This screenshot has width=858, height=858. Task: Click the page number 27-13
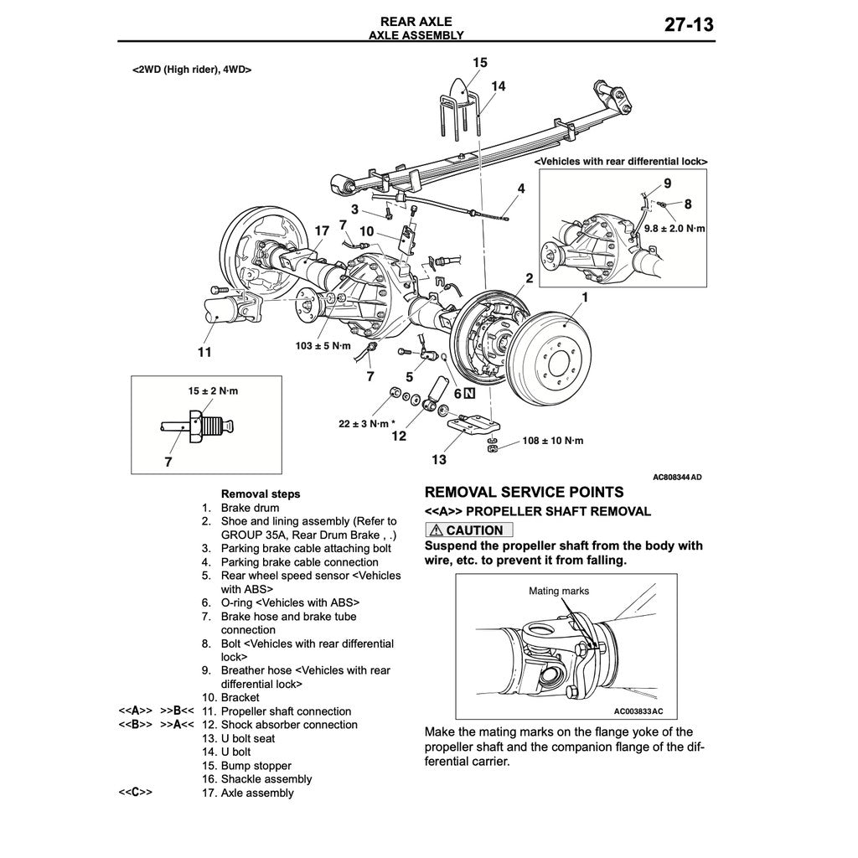(689, 24)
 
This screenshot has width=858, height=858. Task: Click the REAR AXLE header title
(416, 21)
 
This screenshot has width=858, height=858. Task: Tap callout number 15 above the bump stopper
(479, 62)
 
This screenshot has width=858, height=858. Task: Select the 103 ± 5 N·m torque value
(323, 345)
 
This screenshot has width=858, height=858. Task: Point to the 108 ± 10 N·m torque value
(553, 441)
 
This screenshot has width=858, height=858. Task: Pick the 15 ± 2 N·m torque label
(213, 391)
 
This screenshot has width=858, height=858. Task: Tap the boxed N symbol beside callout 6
(471, 393)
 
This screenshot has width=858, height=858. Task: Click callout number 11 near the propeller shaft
(204, 352)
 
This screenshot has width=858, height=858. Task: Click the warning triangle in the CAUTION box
(437, 530)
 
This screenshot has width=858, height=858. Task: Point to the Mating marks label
(558, 591)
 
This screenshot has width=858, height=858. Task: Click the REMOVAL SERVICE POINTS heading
(524, 492)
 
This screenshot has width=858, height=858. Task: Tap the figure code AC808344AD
(677, 478)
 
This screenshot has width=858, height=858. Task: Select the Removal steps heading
(260, 494)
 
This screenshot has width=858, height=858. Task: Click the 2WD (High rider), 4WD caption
(193, 70)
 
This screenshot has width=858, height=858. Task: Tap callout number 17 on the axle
(322, 230)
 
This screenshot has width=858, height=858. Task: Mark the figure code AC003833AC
(638, 711)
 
